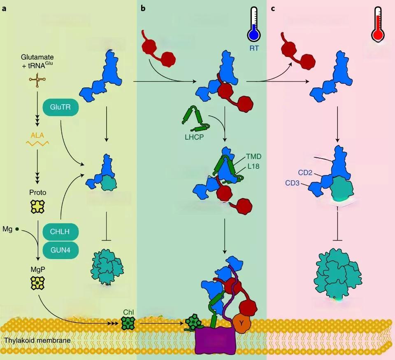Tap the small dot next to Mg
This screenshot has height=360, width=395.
pos(17,228)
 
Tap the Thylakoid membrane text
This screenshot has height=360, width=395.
pos(37,341)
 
